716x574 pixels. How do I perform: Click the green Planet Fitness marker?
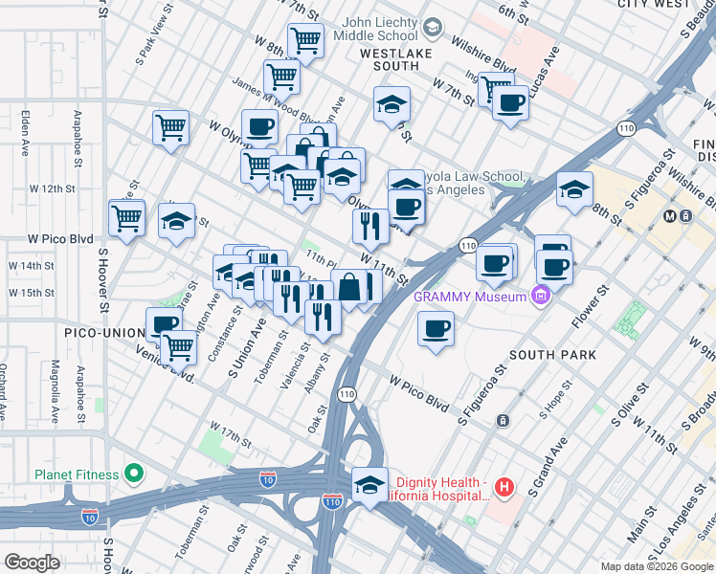(135, 475)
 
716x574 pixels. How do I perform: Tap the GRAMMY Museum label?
(469, 297)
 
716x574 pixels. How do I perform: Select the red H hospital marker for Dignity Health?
(504, 489)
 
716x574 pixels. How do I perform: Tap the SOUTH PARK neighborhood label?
(552, 355)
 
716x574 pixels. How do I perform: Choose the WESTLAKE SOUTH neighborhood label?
(390, 59)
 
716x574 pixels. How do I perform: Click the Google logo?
(32, 563)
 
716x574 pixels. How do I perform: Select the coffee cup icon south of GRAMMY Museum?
(436, 330)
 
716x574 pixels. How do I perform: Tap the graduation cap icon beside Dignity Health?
(369, 484)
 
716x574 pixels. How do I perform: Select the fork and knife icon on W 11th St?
(369, 226)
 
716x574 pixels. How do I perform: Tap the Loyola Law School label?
(474, 179)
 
